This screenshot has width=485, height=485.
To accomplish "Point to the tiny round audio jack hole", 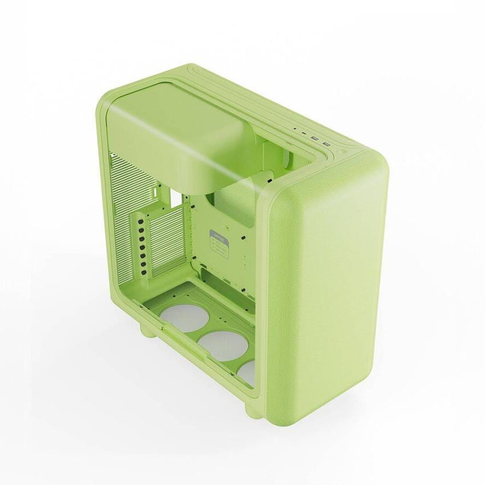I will point(295,129).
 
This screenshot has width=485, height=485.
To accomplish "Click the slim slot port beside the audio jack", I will point(304,132).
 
